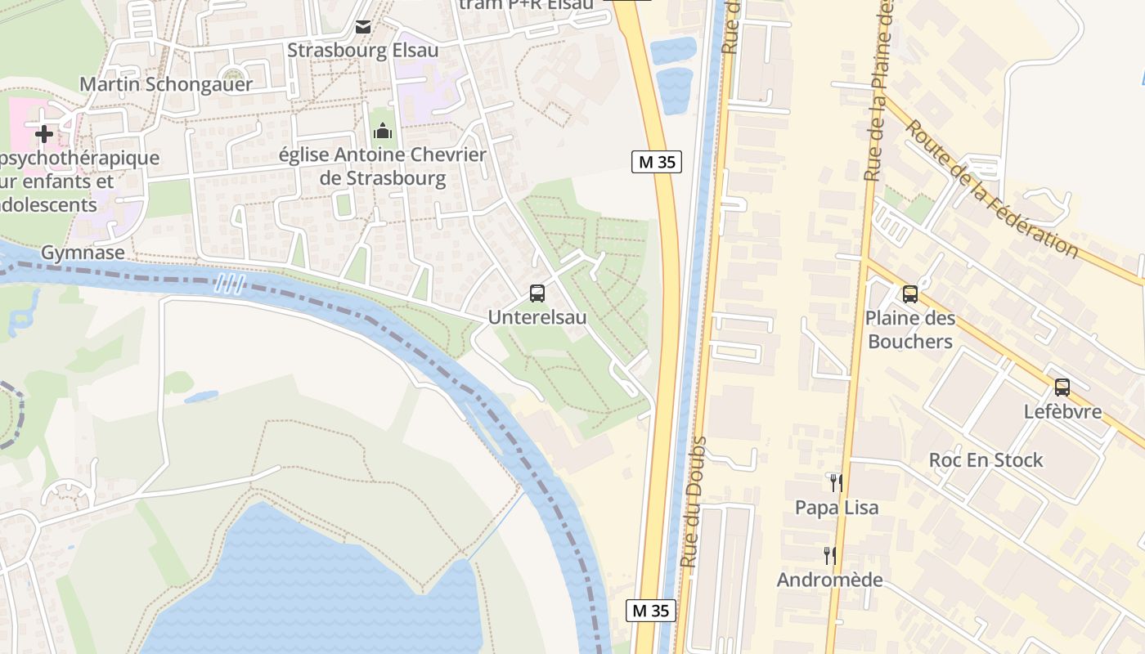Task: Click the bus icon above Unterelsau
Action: click(x=537, y=293)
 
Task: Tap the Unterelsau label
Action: click(x=537, y=317)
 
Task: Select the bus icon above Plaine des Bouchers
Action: click(x=910, y=294)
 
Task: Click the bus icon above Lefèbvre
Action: click(x=1062, y=387)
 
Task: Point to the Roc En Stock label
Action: click(x=986, y=460)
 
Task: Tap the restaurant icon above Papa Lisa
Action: click(x=836, y=482)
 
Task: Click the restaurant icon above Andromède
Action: click(x=830, y=556)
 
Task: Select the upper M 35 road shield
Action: click(x=657, y=162)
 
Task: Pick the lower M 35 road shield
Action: click(x=651, y=610)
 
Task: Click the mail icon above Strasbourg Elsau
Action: click(x=363, y=27)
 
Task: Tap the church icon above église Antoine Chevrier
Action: click(x=382, y=130)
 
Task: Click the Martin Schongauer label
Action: click(x=166, y=84)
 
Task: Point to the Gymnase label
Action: click(x=83, y=253)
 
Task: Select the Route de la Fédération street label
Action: click(x=991, y=188)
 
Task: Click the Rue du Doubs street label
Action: click(x=694, y=503)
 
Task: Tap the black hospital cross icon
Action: click(x=44, y=132)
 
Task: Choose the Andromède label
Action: click(x=829, y=580)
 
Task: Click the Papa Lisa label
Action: click(x=837, y=508)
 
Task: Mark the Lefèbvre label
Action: click(x=1062, y=411)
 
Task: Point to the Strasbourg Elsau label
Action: click(x=362, y=51)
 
